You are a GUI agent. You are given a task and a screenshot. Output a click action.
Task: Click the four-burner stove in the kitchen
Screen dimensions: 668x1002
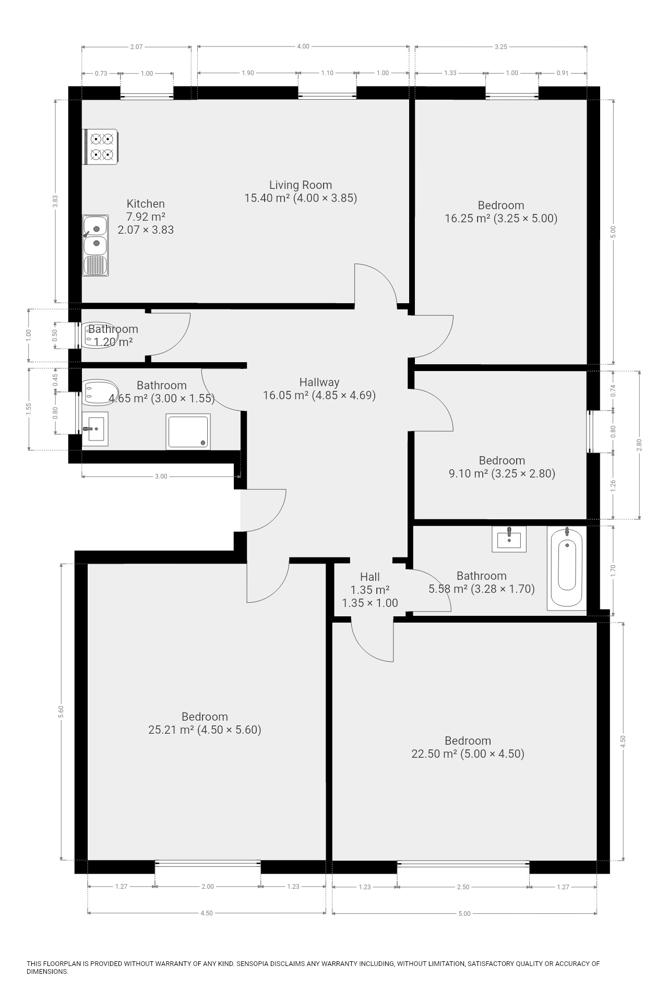tap(100, 147)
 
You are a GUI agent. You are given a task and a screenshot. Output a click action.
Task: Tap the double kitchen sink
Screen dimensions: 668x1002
tap(96, 245)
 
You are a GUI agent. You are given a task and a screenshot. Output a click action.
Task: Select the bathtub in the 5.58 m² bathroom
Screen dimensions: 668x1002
tap(567, 568)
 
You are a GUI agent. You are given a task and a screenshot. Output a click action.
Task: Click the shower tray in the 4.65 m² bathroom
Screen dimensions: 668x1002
tap(188, 432)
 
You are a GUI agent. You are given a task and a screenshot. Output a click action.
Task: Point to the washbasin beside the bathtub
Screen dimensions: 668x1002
tap(509, 539)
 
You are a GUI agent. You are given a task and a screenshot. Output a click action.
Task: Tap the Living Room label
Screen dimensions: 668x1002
tap(301, 185)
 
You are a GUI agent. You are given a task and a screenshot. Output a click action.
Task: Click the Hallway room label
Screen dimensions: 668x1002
tap(319, 382)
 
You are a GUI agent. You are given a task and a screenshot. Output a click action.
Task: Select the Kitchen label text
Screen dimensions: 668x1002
tap(146, 204)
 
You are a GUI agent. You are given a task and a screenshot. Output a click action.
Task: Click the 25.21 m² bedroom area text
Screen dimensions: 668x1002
tap(205, 730)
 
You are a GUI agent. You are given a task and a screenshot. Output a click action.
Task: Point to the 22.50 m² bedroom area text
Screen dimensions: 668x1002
tap(468, 754)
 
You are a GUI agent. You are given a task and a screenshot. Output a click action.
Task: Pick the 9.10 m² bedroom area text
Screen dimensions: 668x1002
tap(502, 473)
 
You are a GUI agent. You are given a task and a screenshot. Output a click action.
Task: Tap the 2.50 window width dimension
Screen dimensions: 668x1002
tap(463, 887)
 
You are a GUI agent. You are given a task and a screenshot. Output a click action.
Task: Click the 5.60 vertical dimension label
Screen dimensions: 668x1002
tap(61, 711)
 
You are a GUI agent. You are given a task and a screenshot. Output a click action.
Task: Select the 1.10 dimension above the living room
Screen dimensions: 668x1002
tap(327, 73)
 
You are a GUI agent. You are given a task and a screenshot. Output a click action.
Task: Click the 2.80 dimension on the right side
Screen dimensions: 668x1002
tap(639, 445)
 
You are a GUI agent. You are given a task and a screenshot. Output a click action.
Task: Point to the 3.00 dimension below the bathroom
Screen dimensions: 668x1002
tap(161, 476)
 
